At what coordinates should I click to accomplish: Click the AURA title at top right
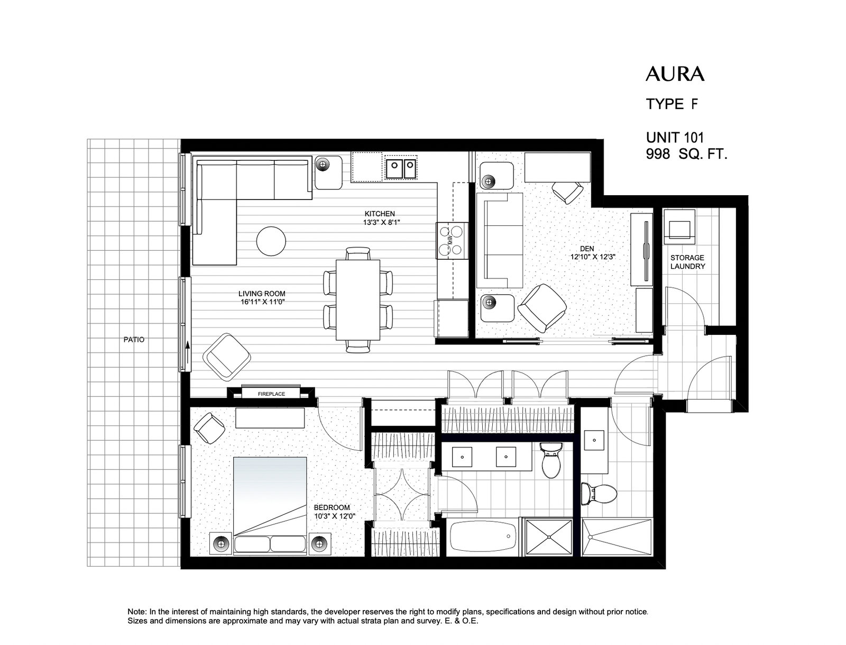pyautogui.click(x=675, y=74)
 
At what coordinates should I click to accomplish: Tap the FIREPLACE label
pyautogui.click(x=271, y=394)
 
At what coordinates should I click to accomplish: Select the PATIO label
pyautogui.click(x=134, y=340)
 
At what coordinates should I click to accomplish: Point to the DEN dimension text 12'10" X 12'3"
pyautogui.click(x=593, y=257)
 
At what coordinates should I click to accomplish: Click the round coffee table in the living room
pyautogui.click(x=271, y=241)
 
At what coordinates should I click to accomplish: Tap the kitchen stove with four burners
pyautogui.click(x=452, y=241)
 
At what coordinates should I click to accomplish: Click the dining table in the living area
pyautogui.click(x=357, y=300)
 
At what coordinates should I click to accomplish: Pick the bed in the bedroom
pyautogui.click(x=270, y=506)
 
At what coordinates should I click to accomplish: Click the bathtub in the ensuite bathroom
pyautogui.click(x=483, y=537)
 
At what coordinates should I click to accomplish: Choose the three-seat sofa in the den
pyautogui.click(x=500, y=241)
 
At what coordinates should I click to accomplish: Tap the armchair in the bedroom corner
pyautogui.click(x=209, y=428)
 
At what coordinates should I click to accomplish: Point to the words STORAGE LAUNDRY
pyautogui.click(x=687, y=262)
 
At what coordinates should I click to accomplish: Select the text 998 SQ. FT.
pyautogui.click(x=686, y=155)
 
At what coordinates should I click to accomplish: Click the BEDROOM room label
pyautogui.click(x=332, y=508)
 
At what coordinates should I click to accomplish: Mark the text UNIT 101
pyautogui.click(x=675, y=138)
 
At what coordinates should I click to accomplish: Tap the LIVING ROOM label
pyautogui.click(x=262, y=294)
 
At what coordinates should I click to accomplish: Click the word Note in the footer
pyautogui.click(x=136, y=612)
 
